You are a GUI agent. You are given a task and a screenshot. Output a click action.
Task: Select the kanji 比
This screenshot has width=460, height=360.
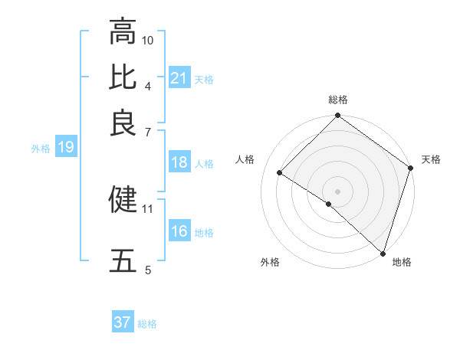pyautogui.click(x=123, y=77)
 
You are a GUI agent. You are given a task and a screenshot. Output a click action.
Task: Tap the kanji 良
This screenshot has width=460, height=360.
pyautogui.click(x=123, y=122)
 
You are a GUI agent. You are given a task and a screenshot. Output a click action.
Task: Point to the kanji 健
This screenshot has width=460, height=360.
pyautogui.click(x=123, y=199)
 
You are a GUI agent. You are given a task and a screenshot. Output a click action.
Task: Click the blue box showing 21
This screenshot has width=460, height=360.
pyautogui.click(x=179, y=78)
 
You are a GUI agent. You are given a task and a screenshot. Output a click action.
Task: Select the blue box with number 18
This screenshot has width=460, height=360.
pyautogui.click(x=179, y=163)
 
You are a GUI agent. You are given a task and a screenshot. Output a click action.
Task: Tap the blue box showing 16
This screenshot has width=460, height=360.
pyautogui.click(x=179, y=232)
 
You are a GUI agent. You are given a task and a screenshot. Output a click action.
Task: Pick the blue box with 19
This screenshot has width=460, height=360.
pyautogui.click(x=66, y=148)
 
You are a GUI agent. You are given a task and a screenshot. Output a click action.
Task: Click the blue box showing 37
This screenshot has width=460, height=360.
pyautogui.click(x=123, y=322)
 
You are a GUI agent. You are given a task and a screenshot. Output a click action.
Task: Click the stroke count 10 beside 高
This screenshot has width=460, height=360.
pyautogui.click(x=148, y=40)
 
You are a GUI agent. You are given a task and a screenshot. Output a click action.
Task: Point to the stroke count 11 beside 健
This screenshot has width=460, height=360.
pyautogui.click(x=148, y=208)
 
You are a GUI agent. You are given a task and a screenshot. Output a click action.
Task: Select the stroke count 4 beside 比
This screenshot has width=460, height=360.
pyautogui.click(x=148, y=85)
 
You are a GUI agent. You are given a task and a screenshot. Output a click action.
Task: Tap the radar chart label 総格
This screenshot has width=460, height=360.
pyautogui.click(x=338, y=100)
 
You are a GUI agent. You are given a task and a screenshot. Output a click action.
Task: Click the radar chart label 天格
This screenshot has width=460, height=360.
pyautogui.click(x=431, y=159)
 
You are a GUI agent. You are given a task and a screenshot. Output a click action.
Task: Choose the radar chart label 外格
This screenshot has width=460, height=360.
pyautogui.click(x=270, y=262)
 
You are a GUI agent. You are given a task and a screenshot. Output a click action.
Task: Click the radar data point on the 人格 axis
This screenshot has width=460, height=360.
pyautogui.click(x=280, y=173)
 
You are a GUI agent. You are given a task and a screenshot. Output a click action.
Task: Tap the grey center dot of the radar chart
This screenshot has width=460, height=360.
pyautogui.click(x=337, y=191)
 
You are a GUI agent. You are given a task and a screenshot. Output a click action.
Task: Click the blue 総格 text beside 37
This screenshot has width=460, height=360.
pyautogui.click(x=147, y=324)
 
